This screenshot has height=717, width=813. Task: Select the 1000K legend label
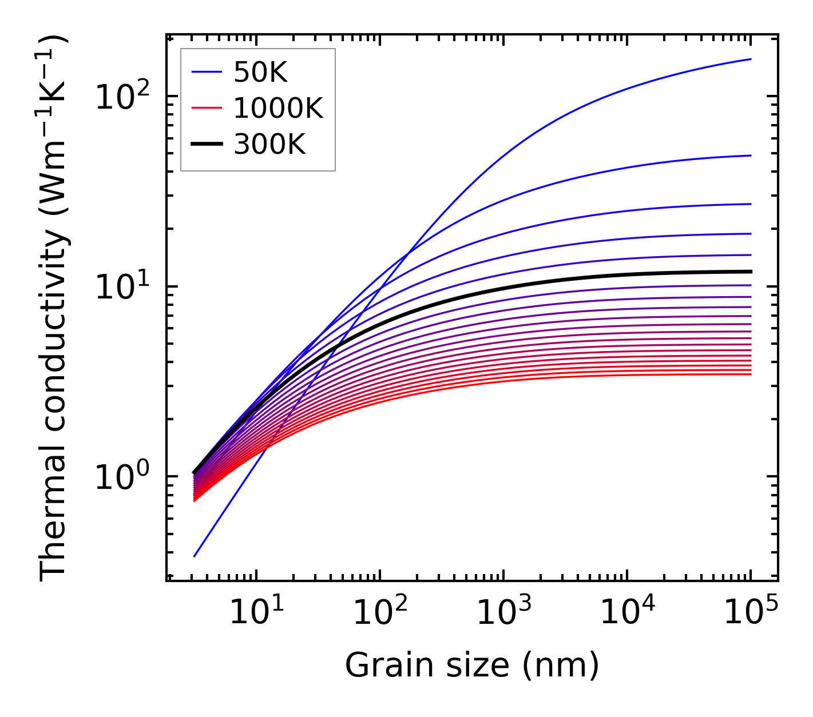(278, 108)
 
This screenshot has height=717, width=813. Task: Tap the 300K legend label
(269, 145)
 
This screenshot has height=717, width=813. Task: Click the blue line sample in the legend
(206, 72)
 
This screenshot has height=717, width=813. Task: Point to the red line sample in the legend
(206, 108)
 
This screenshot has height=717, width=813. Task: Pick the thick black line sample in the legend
(206, 145)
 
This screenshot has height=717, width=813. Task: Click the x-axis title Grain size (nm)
(472, 666)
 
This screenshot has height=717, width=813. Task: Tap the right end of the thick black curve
(751, 272)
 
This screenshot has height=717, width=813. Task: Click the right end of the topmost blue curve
(751, 59)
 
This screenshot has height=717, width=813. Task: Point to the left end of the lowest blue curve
(195, 556)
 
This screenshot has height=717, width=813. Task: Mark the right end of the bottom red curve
(751, 374)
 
